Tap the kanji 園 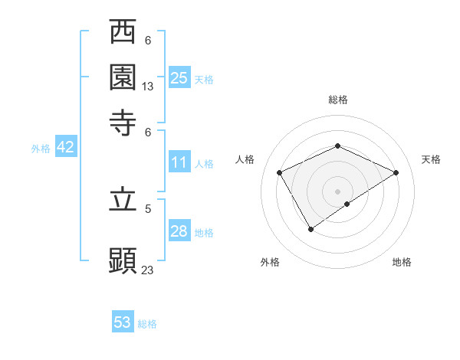[123, 77]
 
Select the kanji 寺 [123, 121]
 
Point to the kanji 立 [123, 200]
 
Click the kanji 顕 [123, 260]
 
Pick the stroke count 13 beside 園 [148, 87]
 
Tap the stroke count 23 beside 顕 [148, 270]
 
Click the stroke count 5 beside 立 [148, 208]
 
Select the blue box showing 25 [179, 77]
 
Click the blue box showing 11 [179, 162]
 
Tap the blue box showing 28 [179, 231]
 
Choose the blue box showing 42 [65, 148]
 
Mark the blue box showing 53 [123, 322]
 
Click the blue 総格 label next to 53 [147, 324]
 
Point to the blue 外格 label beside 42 [41, 149]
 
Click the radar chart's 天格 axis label [431, 159]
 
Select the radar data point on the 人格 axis [280, 173]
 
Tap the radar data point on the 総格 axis [337, 146]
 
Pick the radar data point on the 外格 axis [310, 229]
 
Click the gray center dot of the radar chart [337, 191]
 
